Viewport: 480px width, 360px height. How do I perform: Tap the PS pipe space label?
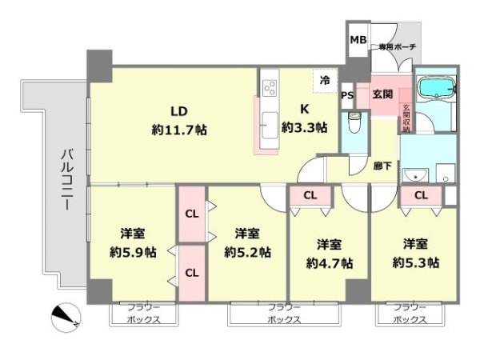(347, 96)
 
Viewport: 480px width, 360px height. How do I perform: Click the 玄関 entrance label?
(382, 94)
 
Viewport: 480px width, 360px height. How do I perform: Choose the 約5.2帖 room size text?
(247, 251)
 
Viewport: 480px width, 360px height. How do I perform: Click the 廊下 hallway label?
(383, 166)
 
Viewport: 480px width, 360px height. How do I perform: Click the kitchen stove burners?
(268, 85)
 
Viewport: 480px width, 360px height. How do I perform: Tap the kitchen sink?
(269, 124)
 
